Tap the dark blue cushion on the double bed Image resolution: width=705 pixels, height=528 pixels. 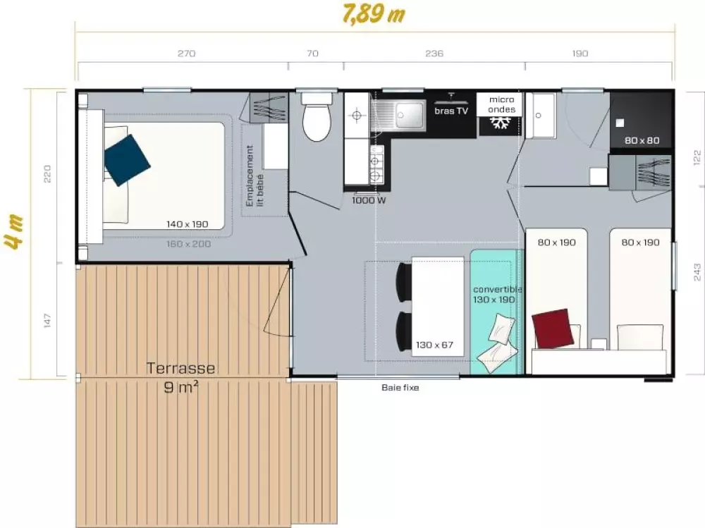point(127,160)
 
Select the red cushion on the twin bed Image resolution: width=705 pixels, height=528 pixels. point(553,329)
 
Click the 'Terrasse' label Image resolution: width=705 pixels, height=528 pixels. point(180,368)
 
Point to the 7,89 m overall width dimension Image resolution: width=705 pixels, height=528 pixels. point(374,14)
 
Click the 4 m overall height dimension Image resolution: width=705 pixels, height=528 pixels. point(15,232)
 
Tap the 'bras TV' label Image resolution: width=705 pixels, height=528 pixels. point(451,111)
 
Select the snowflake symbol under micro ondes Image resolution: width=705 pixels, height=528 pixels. point(500,123)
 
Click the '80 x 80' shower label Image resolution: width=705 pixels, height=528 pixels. point(642,140)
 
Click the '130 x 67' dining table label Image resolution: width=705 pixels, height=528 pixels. point(434,345)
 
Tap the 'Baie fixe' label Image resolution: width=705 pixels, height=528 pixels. point(400,387)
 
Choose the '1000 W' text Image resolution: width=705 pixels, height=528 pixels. point(369,200)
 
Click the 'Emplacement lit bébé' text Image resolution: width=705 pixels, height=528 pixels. point(255,176)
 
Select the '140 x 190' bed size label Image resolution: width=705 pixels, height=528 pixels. point(187,224)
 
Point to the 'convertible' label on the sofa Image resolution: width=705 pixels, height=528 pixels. point(497,289)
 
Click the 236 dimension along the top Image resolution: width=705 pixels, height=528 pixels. point(434,54)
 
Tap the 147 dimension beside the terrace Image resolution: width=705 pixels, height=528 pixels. point(47,321)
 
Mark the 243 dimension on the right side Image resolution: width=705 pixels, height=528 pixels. point(697,272)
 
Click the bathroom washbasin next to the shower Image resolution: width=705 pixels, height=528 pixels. point(541,116)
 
